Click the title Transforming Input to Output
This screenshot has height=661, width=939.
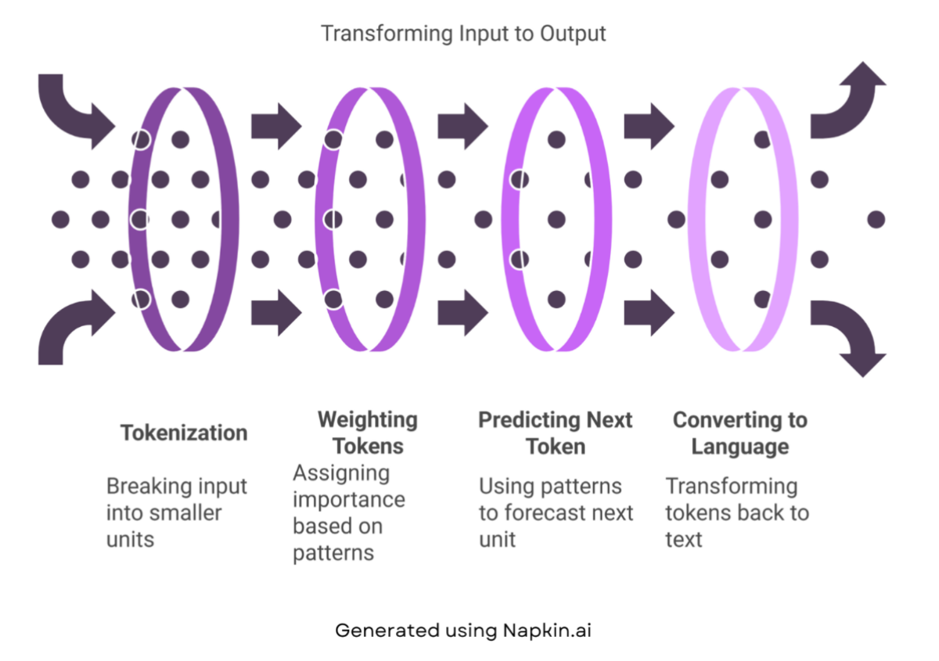click(462, 34)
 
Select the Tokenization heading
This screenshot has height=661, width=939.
click(184, 433)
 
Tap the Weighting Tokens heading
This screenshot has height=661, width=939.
click(367, 433)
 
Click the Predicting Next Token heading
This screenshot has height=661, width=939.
click(555, 433)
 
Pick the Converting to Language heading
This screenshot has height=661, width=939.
click(739, 433)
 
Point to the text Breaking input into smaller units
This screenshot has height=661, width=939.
click(176, 512)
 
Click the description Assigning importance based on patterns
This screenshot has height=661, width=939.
click(349, 512)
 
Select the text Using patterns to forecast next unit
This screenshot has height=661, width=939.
click(556, 512)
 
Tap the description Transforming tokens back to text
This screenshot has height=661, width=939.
click(736, 512)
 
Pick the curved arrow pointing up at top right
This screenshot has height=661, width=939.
click(849, 98)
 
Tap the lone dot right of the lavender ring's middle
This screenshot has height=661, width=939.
click(876, 219)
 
